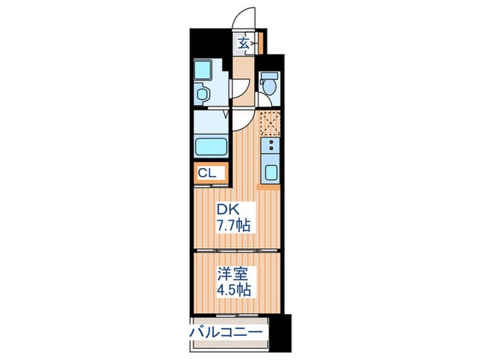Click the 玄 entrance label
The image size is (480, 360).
(x=243, y=43)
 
